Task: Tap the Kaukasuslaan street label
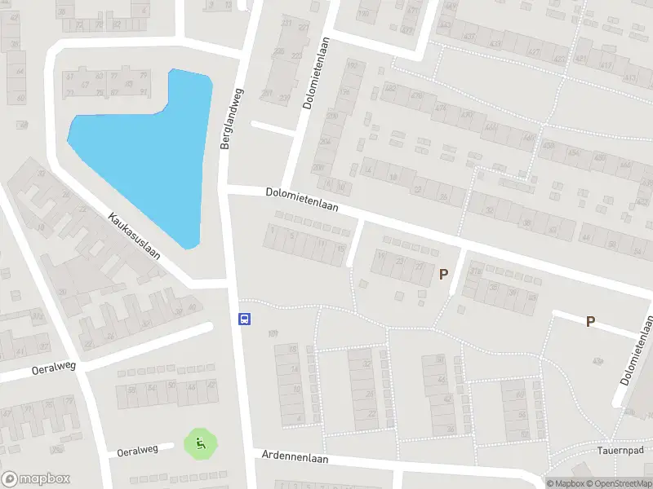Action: point(134,236)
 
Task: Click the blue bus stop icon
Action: point(243,319)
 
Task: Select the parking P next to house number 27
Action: point(444,275)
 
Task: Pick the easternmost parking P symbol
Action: point(590,322)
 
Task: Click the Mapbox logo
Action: point(35,479)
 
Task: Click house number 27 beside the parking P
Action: point(420,267)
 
